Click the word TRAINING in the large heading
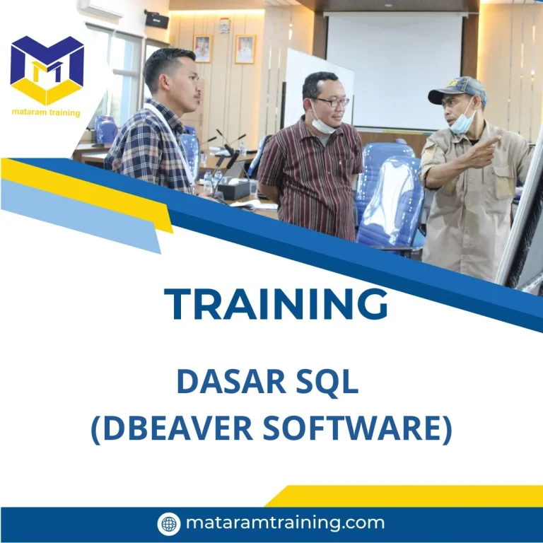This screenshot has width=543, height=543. tap(276, 305)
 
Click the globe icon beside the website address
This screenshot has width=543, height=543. tap(169, 524)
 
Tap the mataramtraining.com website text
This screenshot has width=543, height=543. tap(285, 523)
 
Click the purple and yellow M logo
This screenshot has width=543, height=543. tap(47, 69)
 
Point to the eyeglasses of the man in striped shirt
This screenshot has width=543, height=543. tap(332, 102)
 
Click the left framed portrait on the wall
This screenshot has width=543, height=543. tap(202, 48)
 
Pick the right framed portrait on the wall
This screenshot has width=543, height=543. tap(245, 49)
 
